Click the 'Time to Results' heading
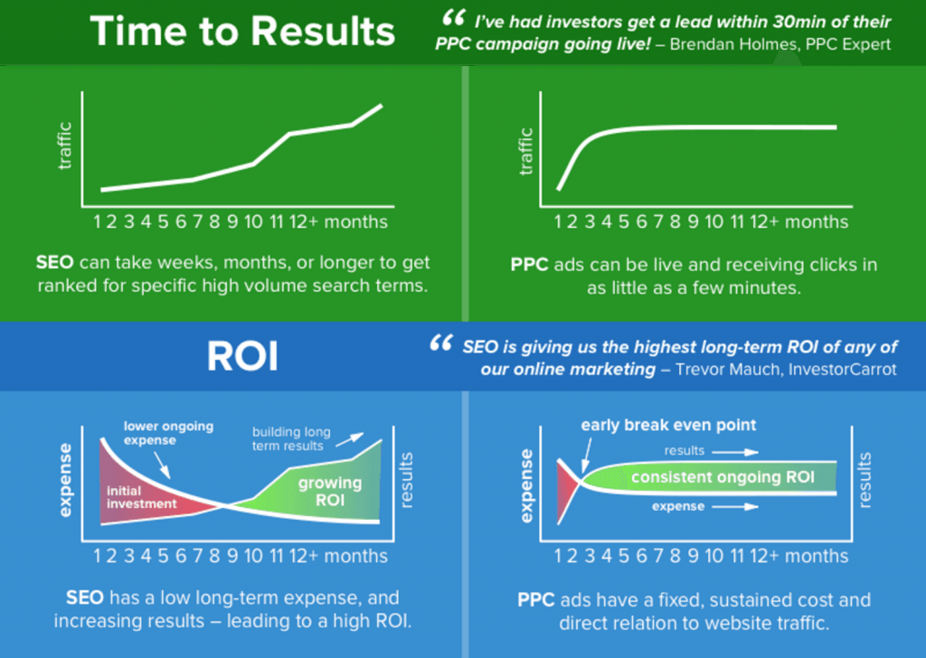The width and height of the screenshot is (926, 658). point(242,31)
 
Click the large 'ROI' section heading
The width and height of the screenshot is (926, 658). point(242,356)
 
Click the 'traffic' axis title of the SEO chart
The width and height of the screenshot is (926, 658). point(64,146)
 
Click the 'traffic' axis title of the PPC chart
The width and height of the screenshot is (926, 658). point(525,152)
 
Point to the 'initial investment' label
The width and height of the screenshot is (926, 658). point(141,497)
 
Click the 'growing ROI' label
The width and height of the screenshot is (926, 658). point(329,492)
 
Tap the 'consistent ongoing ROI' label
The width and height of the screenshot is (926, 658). point(723,477)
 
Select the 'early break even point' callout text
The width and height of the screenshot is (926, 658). point(668,425)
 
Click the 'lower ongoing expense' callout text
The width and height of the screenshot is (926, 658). point(168,433)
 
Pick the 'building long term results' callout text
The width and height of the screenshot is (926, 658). point(291,438)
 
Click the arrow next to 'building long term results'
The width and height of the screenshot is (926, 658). point(350,439)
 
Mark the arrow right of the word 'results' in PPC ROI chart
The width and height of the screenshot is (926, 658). point(735,452)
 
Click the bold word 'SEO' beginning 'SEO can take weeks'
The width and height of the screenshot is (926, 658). point(55,262)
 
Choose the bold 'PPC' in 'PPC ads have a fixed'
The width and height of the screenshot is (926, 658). point(535,599)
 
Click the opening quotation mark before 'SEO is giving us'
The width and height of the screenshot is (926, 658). point(441,343)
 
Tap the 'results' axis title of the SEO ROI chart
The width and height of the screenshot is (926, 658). point(406,480)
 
